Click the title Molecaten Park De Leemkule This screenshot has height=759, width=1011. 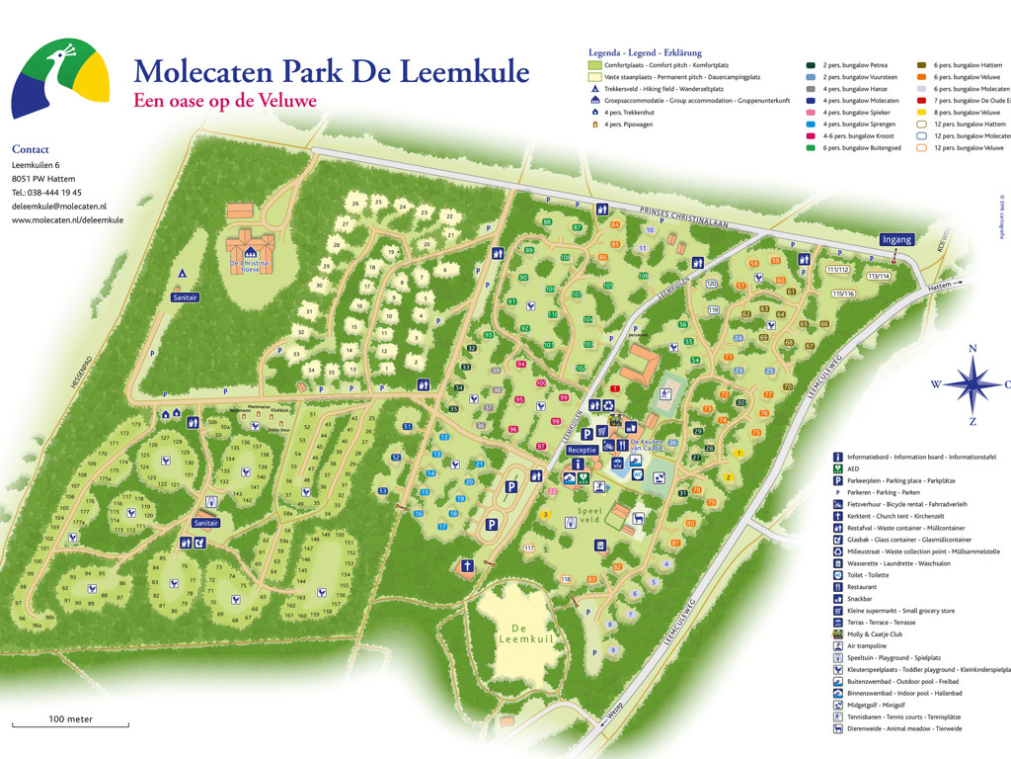click(x=331, y=71)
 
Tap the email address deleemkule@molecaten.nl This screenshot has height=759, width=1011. click(x=59, y=206)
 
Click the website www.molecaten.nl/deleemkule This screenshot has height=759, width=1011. click(x=67, y=219)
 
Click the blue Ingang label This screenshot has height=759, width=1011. click(x=897, y=239)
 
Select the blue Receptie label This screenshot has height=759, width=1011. click(x=582, y=449)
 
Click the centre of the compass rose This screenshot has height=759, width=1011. click(x=972, y=384)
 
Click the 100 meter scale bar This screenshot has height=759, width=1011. click(x=70, y=726)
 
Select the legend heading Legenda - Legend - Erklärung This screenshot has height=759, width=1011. click(x=645, y=52)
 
